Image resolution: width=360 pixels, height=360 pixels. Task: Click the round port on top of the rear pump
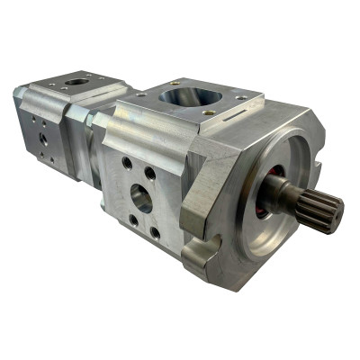78,82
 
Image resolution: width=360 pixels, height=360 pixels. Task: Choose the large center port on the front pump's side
141,198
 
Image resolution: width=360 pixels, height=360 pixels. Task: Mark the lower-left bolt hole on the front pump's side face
133,219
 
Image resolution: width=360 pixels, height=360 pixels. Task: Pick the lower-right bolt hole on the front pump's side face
155,232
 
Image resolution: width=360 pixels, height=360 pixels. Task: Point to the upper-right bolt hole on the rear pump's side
49,125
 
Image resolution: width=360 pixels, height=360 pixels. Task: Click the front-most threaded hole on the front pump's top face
208,113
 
